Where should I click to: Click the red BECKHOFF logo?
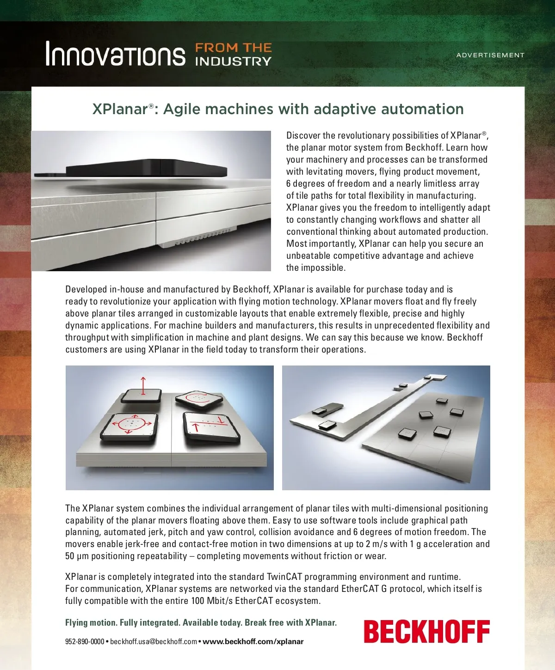pyautogui.click(x=426, y=632)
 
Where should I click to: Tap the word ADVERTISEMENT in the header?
pyautogui.click(x=490, y=55)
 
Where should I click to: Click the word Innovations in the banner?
pyautogui.click(x=115, y=54)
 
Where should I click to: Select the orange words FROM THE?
pyautogui.click(x=233, y=48)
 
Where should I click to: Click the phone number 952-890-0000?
pyautogui.click(x=85, y=641)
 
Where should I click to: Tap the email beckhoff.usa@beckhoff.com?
pyautogui.click(x=154, y=641)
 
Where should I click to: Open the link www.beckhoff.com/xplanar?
pyautogui.click(x=253, y=641)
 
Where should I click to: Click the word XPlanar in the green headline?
pyautogui.click(x=120, y=109)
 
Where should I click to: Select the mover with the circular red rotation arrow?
pyautogui.click(x=199, y=400)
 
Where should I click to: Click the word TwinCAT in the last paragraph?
pyautogui.click(x=284, y=577)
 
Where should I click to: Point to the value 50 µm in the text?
pyautogui.click(x=76, y=556)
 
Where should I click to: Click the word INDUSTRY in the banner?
pyautogui.click(x=233, y=61)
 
